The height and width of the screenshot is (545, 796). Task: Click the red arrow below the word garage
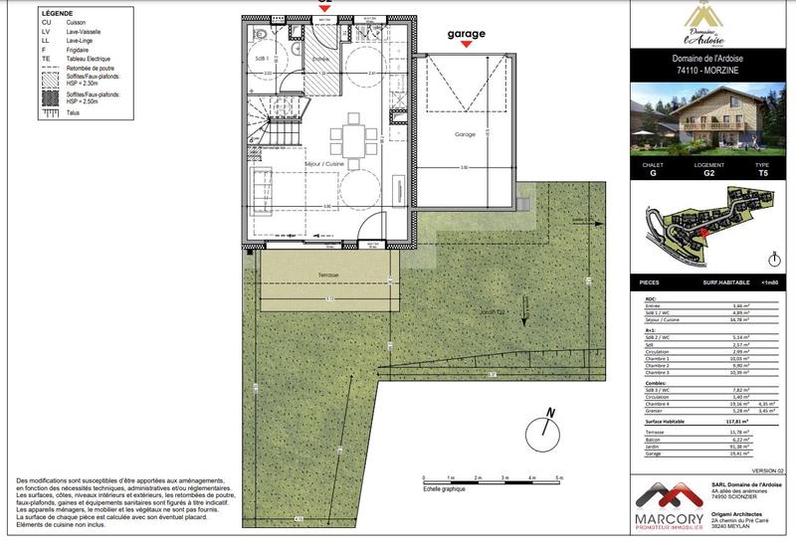(466, 46)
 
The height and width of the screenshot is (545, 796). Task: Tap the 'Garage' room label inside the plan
(465, 134)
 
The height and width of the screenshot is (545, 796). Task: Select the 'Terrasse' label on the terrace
(328, 275)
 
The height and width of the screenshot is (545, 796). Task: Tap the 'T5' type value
(762, 172)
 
